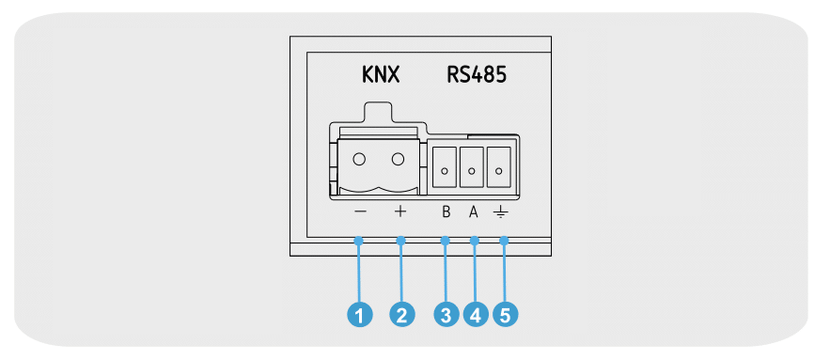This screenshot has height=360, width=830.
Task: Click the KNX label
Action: pyautogui.click(x=380, y=75)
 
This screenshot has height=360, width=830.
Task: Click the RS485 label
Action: pyautogui.click(x=477, y=75)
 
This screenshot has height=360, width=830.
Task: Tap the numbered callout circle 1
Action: pyautogui.click(x=359, y=316)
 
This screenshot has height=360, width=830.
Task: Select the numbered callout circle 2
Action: pyautogui.click(x=401, y=316)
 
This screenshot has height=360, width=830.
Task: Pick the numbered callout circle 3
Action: pyautogui.click(x=446, y=316)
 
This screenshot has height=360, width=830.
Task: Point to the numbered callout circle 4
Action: pyautogui.click(x=475, y=316)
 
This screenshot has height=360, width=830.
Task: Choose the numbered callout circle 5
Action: pyautogui.click(x=506, y=316)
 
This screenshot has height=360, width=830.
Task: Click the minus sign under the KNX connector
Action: pyautogui.click(x=360, y=212)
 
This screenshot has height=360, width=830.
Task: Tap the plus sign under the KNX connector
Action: pyautogui.click(x=400, y=212)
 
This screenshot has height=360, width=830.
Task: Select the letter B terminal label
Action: pyautogui.click(x=446, y=212)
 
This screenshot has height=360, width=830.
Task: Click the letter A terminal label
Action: pyautogui.click(x=473, y=212)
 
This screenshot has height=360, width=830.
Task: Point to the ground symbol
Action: pyautogui.click(x=500, y=212)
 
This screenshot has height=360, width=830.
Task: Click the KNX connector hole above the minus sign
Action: pyautogui.click(x=359, y=159)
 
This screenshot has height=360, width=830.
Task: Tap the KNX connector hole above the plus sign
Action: pyautogui.click(x=398, y=159)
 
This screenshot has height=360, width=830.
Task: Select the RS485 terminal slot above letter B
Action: pyautogui.click(x=445, y=166)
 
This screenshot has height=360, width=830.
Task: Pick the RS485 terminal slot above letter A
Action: pyautogui.click(x=472, y=166)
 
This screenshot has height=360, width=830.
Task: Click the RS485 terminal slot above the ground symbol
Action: pyautogui.click(x=498, y=166)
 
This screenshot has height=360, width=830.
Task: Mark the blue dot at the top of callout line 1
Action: pyautogui.click(x=359, y=241)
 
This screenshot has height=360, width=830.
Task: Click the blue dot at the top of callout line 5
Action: pyautogui.click(x=504, y=241)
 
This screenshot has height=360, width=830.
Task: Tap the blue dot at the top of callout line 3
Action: pyautogui.click(x=446, y=241)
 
